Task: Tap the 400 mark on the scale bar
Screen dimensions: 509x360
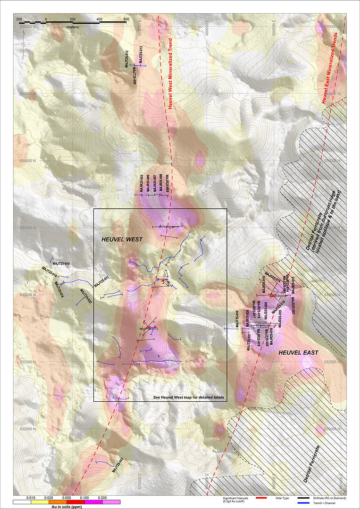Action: point(99,19)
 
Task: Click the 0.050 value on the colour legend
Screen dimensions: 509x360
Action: point(67,498)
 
